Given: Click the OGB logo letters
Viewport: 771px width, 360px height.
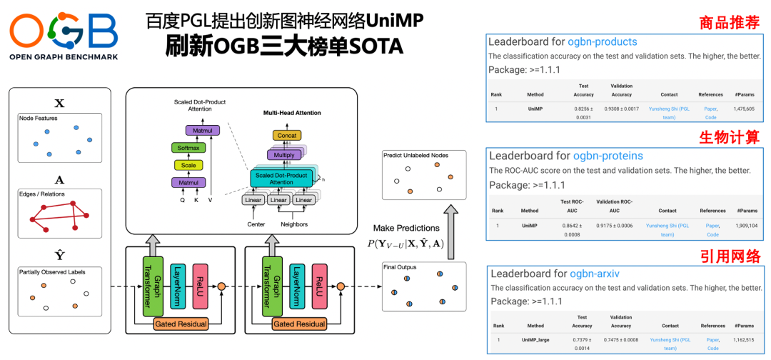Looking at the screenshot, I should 63,31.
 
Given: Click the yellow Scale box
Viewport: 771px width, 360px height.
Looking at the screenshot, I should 188,165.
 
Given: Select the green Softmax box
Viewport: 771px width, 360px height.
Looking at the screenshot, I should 188,148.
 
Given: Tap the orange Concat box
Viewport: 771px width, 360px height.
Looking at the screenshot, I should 286,135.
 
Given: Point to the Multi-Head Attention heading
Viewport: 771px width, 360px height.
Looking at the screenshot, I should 291,113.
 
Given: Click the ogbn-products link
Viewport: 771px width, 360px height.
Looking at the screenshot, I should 603,42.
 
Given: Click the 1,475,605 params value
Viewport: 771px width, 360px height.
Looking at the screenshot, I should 744,109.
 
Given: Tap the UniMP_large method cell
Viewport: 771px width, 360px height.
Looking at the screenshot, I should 535,340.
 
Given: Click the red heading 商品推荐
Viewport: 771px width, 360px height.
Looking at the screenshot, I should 730,22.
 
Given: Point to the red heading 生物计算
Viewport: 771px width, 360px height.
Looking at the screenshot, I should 730,136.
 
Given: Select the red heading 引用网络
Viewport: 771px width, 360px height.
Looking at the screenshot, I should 730,255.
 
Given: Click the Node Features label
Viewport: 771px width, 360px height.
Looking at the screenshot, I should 39,118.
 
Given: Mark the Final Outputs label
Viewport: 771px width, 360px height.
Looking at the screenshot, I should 400,268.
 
